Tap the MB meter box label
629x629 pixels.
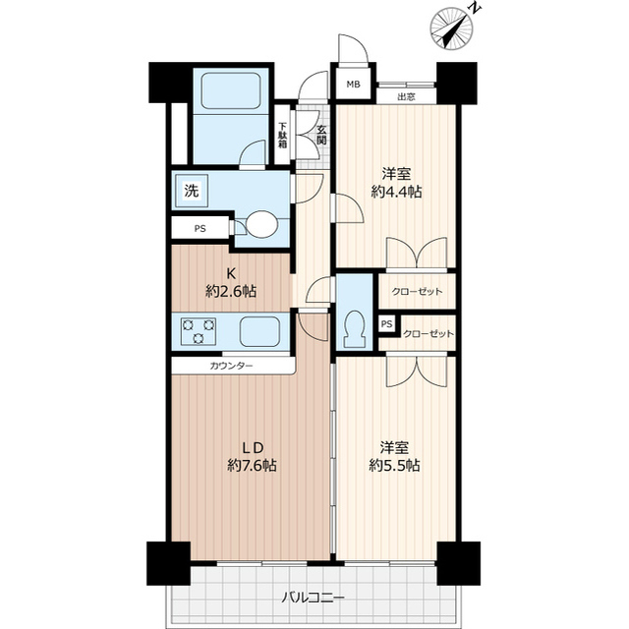(x=351, y=86)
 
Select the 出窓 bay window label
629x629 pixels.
(x=406, y=97)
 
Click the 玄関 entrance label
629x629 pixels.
(x=320, y=133)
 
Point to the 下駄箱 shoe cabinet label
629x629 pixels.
(x=282, y=134)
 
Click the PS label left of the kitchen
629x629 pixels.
(x=200, y=230)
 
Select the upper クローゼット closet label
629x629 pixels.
(x=416, y=293)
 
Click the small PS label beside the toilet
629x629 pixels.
(x=386, y=324)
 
